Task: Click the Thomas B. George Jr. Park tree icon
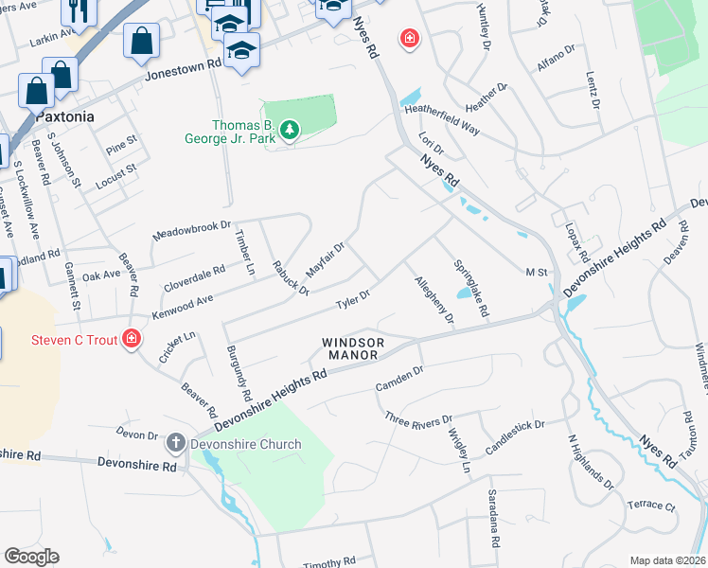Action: (290, 131)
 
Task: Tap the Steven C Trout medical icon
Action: (133, 338)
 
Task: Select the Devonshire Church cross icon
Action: (175, 442)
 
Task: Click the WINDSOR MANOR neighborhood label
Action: (353, 348)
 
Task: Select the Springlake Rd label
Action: (470, 288)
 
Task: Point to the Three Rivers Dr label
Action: (419, 418)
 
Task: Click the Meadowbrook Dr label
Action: (192, 231)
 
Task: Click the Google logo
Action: (31, 557)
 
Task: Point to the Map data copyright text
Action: (666, 560)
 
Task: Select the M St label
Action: (537, 273)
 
